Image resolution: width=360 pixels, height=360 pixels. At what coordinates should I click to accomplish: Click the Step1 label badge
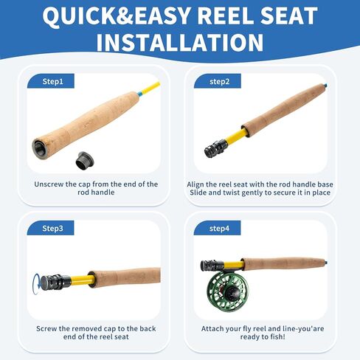[51, 81]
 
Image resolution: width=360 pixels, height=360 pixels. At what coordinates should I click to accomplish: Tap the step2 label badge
[218, 81]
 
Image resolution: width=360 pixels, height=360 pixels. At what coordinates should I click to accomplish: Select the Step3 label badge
[50, 228]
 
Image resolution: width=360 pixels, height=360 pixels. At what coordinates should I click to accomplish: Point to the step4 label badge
[217, 228]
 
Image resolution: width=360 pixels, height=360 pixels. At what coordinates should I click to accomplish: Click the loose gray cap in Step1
[85, 160]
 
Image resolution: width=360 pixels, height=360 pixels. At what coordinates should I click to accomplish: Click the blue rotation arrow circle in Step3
[34, 284]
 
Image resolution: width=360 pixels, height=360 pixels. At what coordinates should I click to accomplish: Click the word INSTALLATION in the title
[180, 42]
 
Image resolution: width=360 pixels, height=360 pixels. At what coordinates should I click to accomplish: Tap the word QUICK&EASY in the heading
[116, 15]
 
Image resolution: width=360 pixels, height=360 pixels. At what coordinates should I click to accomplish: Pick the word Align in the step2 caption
[195, 184]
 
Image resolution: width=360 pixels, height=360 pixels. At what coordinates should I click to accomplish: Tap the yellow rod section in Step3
[82, 280]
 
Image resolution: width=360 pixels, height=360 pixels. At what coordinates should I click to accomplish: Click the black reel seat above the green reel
[212, 266]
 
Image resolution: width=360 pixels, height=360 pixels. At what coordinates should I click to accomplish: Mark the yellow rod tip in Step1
[151, 88]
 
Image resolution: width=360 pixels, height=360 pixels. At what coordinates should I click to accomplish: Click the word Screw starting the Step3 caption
[46, 328]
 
